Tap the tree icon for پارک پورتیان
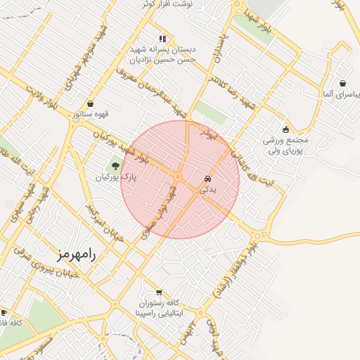[115, 166]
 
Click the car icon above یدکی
[207, 179]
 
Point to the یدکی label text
[209, 190]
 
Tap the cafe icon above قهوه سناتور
[90, 103]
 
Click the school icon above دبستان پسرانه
[163, 39]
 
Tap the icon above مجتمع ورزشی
[285, 129]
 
